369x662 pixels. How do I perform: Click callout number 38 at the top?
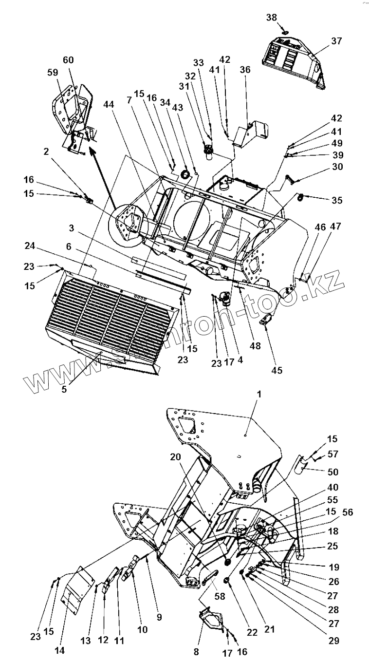[x=271, y=18]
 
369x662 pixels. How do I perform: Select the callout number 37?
[x=337, y=41]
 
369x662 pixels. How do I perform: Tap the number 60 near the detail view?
[x=68, y=60]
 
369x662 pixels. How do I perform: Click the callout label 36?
[x=245, y=70]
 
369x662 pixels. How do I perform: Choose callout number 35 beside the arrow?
[x=337, y=200]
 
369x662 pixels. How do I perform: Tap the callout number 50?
[x=333, y=473]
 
